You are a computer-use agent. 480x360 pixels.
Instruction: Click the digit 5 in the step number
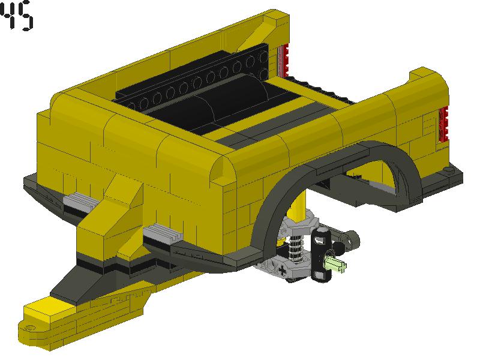pos(25,17)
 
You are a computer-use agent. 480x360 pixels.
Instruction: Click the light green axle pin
pos(335,264)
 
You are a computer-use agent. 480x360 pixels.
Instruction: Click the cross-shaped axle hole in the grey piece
pos(281,270)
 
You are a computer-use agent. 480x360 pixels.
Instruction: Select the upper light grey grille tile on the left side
pos(81,200)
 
